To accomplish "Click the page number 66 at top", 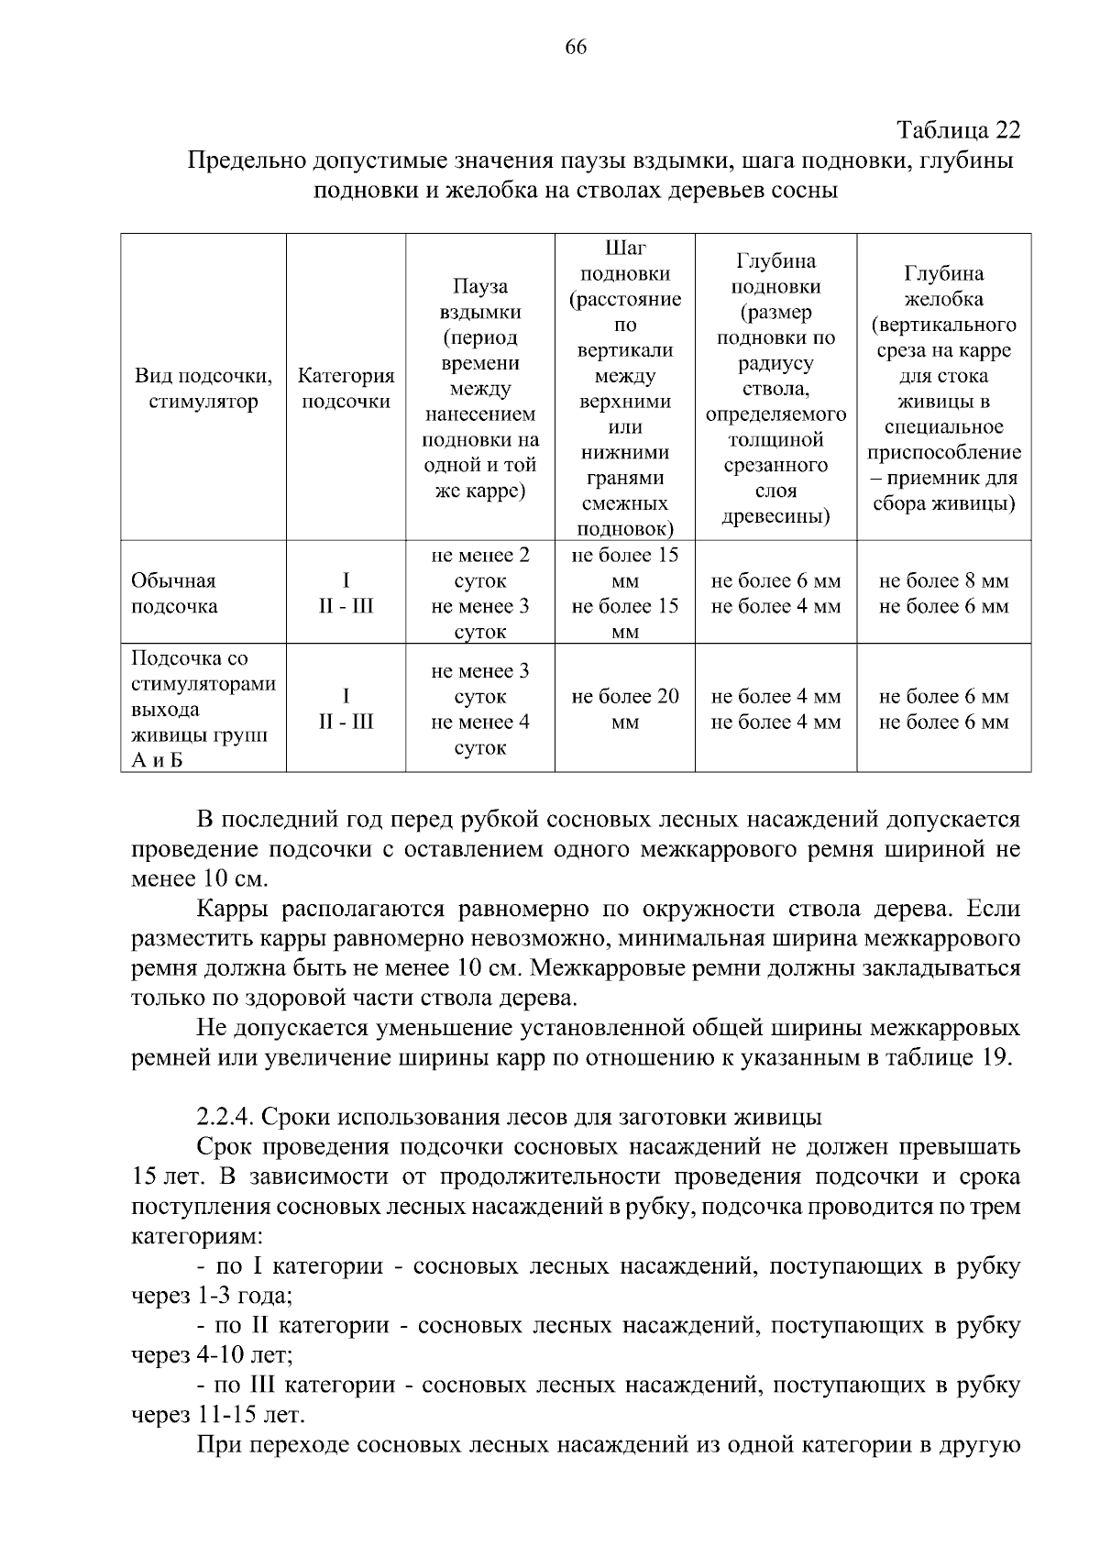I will pyautogui.click(x=577, y=48).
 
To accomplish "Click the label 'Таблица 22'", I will pyautogui.click(x=957, y=129).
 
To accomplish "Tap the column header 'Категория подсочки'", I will pyautogui.click(x=346, y=389).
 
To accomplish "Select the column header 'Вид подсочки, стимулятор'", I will pyautogui.click(x=203, y=389).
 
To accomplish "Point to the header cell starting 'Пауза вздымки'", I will pyautogui.click(x=480, y=389).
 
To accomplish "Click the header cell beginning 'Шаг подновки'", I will pyautogui.click(x=624, y=389).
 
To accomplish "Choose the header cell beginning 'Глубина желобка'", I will pyautogui.click(x=943, y=389).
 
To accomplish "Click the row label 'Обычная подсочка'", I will pyautogui.click(x=174, y=593).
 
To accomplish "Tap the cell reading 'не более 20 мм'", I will pyautogui.click(x=624, y=709).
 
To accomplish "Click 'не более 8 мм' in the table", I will pyautogui.click(x=943, y=581).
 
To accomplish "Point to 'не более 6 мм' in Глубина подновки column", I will pyautogui.click(x=775, y=581).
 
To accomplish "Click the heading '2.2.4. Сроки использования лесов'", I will pyautogui.click(x=509, y=1117).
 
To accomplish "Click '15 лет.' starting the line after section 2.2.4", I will pyautogui.click(x=168, y=1176).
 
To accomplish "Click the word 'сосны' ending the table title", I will pyautogui.click(x=807, y=191).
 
